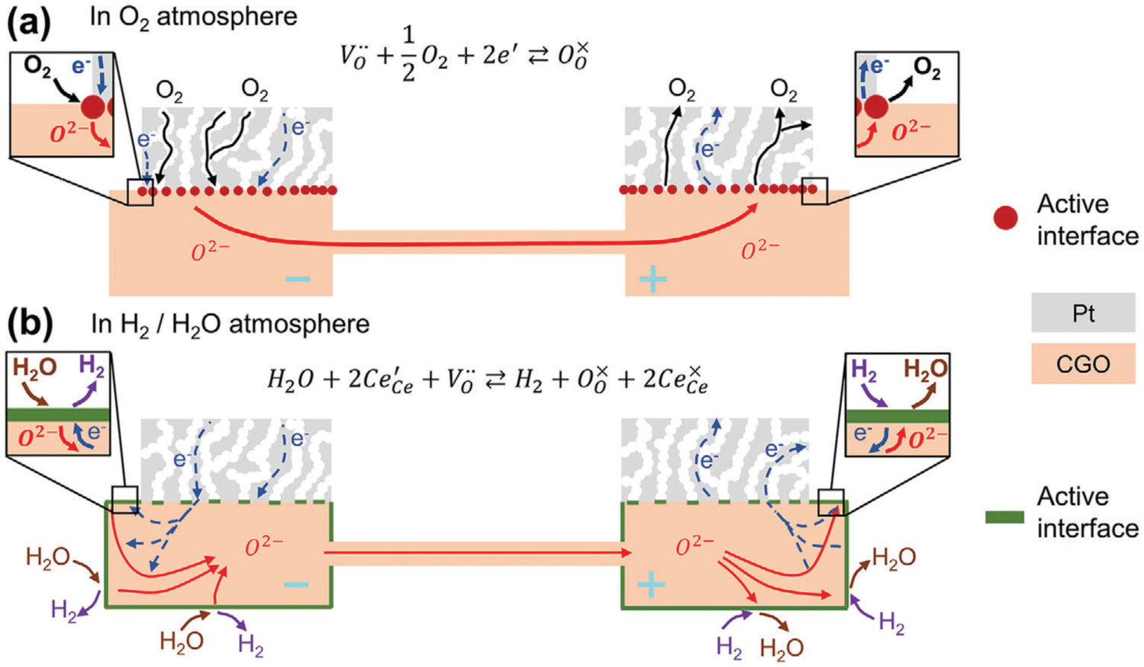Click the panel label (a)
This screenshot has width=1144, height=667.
(29, 22)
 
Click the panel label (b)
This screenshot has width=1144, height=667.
(31, 324)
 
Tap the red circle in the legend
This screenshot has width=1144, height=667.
(1005, 218)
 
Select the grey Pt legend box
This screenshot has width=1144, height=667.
(1083, 313)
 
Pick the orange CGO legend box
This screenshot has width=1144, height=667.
(1083, 364)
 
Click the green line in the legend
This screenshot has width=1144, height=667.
(1004, 517)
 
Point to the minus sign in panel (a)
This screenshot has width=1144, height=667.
(298, 279)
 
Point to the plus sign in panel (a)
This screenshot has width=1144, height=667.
(652, 279)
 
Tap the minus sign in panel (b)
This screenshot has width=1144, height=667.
(296, 583)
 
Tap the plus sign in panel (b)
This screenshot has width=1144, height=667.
(651, 584)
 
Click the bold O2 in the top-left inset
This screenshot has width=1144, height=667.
(37, 67)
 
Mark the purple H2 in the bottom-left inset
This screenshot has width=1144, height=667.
(92, 366)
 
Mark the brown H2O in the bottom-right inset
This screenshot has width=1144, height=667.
(925, 369)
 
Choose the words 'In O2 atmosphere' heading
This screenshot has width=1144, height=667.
(193, 16)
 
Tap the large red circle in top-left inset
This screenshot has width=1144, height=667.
(93, 107)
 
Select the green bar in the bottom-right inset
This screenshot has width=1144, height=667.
(898, 416)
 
